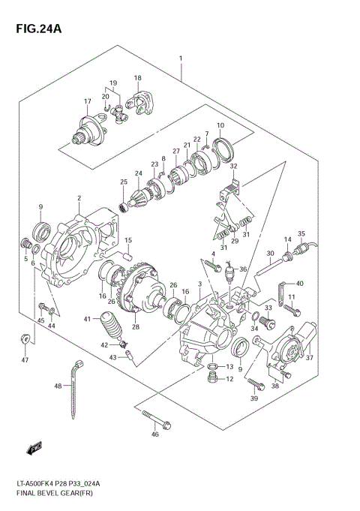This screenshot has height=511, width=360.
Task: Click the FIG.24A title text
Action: click(35, 30)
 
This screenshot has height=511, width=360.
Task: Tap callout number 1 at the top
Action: click(181, 59)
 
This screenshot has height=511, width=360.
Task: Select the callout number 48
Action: click(57, 386)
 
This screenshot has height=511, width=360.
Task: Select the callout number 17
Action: click(87, 102)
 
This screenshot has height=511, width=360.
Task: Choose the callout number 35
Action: click(301, 233)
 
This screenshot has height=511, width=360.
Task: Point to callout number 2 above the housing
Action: click(78, 198)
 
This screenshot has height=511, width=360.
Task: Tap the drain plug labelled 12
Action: click(214, 380)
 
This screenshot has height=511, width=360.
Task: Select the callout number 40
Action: click(299, 283)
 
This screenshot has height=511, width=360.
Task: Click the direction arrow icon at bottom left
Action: click(32, 449)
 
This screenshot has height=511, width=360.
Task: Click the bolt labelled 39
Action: click(257, 386)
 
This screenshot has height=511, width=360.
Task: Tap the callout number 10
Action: click(220, 125)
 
